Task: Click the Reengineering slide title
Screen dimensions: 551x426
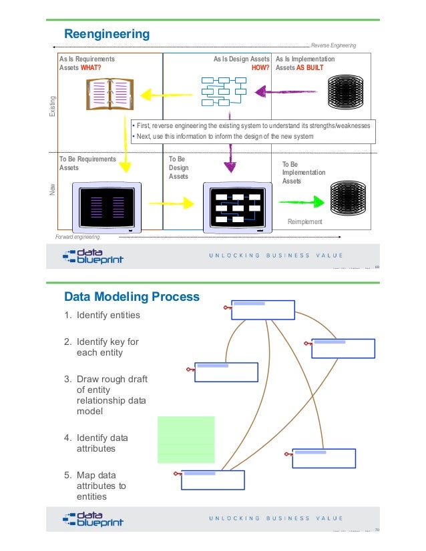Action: (106, 34)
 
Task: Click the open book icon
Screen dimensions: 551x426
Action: (105, 95)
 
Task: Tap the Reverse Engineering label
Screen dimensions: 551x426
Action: (333, 45)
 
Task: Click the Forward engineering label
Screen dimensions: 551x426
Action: (77, 237)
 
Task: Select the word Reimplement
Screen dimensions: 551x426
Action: (304, 221)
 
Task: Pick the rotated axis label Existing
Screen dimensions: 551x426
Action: (53, 108)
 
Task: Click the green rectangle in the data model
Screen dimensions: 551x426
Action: (186, 439)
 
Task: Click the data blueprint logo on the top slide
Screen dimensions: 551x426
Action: (93, 256)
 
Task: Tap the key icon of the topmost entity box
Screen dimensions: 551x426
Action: (227, 308)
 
